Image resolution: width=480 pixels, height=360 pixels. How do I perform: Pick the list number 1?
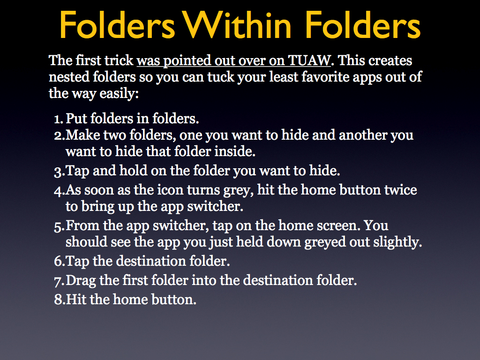(59, 119)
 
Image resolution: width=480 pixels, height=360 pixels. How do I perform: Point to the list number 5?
(59, 226)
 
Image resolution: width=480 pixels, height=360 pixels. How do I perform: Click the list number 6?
(59, 262)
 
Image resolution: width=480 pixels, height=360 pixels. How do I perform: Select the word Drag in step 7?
(81, 281)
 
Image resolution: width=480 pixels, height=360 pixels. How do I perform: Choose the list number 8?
(60, 300)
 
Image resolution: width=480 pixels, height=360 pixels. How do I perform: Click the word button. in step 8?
(174, 300)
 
